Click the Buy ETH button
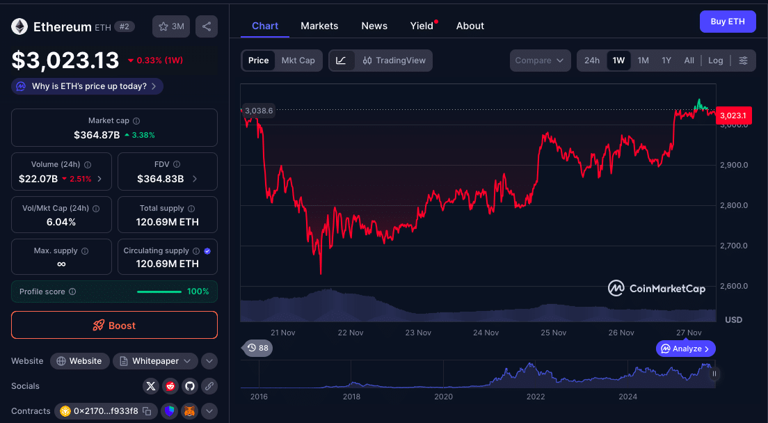click(727, 22)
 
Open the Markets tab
click(319, 26)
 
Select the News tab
click(374, 26)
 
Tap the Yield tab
click(422, 26)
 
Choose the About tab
click(470, 26)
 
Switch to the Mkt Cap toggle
click(298, 61)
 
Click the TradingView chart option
click(394, 61)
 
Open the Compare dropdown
click(540, 61)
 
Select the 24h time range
click(592, 61)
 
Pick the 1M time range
click(643, 61)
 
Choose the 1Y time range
click(666, 61)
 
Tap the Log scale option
click(715, 61)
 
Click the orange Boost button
click(114, 325)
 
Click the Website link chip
click(80, 361)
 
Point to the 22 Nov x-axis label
click(351, 333)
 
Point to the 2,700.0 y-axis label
click(735, 246)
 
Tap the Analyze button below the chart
click(685, 349)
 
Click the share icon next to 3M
click(207, 26)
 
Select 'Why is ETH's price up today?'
click(88, 86)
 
